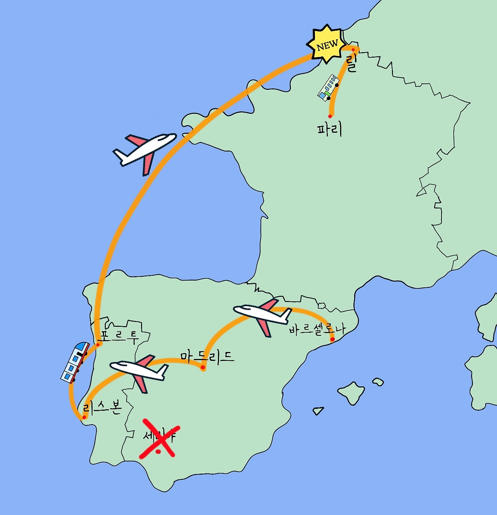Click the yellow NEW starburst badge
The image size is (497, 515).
(327, 45)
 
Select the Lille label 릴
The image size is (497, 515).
(351, 63)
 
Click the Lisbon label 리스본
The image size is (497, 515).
(103, 407)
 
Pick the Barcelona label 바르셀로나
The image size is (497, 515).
(317, 329)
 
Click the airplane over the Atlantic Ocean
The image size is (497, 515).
(145, 151)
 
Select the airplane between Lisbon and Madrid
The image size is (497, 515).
(139, 371)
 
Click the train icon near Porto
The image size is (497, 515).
(75, 361)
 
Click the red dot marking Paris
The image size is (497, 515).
(330, 116)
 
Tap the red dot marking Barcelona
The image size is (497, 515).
(332, 339)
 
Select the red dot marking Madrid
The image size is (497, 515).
(203, 367)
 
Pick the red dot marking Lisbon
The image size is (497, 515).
(83, 418)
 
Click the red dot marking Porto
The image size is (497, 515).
(98, 344)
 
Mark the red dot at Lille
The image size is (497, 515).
(353, 50)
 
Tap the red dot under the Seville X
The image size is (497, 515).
(158, 452)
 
